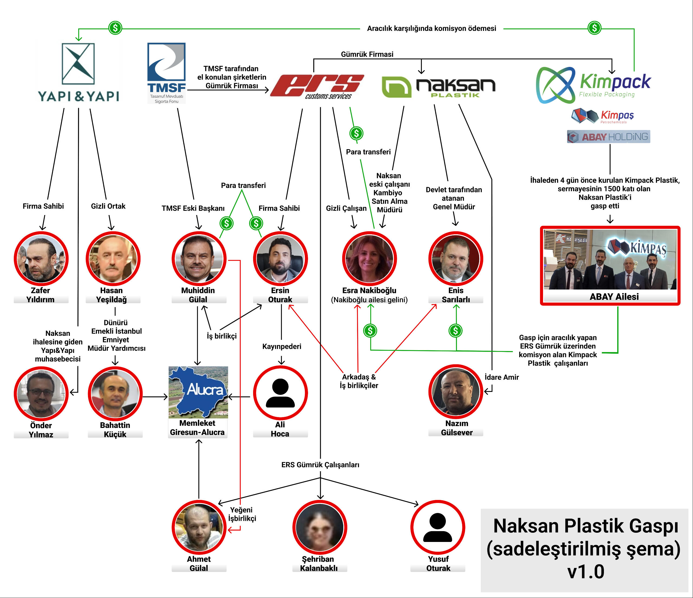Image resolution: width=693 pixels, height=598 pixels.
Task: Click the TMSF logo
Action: (x=166, y=73)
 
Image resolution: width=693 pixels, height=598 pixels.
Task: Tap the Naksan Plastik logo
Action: (x=439, y=87)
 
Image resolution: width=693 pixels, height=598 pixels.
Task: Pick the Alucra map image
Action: (x=198, y=392)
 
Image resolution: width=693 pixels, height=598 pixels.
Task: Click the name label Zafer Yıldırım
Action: (x=40, y=295)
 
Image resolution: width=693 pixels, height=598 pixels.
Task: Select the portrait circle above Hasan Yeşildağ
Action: (x=113, y=258)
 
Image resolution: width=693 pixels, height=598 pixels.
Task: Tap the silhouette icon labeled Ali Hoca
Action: (x=280, y=393)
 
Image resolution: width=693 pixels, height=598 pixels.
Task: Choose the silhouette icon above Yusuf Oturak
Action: (x=437, y=527)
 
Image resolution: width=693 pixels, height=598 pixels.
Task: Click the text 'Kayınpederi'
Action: (x=282, y=346)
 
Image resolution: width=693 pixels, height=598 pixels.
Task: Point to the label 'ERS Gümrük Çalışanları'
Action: (x=320, y=464)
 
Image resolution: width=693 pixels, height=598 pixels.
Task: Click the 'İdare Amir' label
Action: (x=501, y=377)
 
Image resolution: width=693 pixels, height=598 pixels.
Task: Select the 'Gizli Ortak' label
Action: (x=108, y=206)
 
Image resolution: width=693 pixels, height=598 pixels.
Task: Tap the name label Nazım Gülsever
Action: (x=456, y=428)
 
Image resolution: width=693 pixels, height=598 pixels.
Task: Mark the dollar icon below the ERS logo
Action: (x=356, y=133)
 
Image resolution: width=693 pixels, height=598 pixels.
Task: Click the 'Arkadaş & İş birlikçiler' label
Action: (x=359, y=381)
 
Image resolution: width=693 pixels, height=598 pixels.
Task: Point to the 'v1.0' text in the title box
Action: (x=586, y=571)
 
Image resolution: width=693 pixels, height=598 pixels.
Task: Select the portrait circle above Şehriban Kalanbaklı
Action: (x=319, y=527)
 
